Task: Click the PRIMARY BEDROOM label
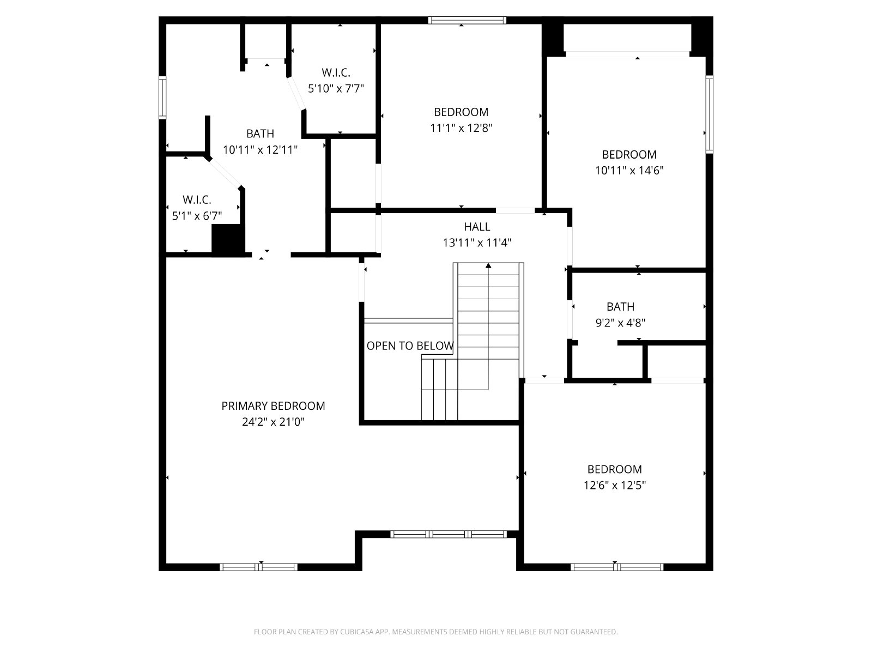point(273,406)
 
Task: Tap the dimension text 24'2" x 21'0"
point(274,422)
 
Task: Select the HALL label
point(477,227)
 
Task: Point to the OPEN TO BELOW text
point(410,346)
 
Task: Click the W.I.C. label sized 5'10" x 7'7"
point(336,72)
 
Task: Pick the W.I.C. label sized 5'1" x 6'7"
point(197,199)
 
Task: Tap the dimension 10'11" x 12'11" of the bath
point(260,150)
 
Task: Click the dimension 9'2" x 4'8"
point(621,323)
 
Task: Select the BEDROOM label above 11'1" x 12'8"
point(461,112)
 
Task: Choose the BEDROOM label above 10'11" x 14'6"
point(629,154)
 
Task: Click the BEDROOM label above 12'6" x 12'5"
point(615,469)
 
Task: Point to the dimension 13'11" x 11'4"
point(477,243)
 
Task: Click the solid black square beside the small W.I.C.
point(227,238)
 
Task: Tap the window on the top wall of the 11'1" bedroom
point(467,20)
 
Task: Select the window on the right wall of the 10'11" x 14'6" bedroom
point(710,114)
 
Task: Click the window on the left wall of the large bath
point(162,98)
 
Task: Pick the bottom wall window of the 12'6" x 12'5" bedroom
point(617,567)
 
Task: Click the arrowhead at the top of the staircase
point(488,265)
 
